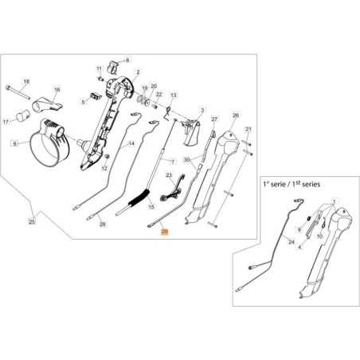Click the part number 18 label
click(25, 82)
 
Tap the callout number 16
click(57, 91)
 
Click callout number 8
click(126, 61)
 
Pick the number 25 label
click(31, 220)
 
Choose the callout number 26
click(235, 115)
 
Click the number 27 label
click(213, 119)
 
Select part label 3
click(202, 110)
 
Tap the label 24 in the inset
click(292, 241)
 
